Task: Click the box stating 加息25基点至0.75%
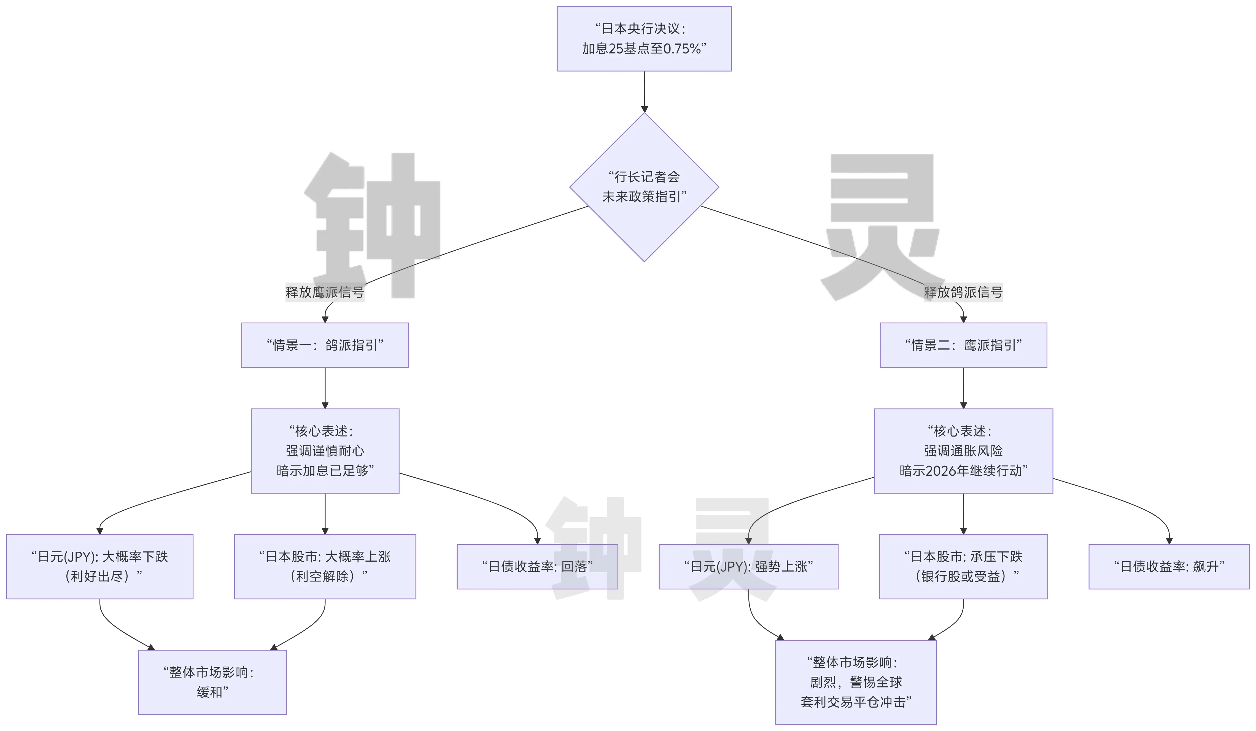click(644, 39)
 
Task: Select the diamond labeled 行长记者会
click(644, 187)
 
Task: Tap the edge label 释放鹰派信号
click(325, 292)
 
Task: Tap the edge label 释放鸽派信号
click(963, 292)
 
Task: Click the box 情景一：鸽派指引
click(325, 345)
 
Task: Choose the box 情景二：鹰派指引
click(963, 345)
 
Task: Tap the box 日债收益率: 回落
click(537, 567)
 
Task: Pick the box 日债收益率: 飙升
click(1169, 567)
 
